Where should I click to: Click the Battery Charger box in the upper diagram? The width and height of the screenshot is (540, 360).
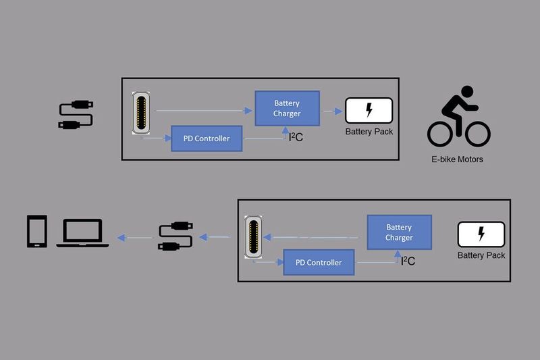(287, 108)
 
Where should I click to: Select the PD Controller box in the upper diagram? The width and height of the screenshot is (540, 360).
(207, 138)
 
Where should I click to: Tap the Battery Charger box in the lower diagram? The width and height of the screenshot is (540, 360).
(399, 232)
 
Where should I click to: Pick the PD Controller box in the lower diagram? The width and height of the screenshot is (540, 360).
(319, 262)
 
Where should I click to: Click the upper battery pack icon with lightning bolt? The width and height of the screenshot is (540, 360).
(369, 111)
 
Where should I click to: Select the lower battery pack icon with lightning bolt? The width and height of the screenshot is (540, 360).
(481, 234)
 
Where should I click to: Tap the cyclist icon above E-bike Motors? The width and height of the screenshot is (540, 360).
(458, 120)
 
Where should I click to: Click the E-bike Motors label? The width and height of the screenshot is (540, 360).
(458, 160)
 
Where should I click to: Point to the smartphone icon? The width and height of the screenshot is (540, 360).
(37, 232)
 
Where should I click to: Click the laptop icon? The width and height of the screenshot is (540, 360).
(82, 233)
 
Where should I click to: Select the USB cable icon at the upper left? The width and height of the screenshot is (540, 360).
(76, 115)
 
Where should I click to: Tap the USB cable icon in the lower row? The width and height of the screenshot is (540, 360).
(175, 236)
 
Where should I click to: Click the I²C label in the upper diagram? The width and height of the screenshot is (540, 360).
(296, 138)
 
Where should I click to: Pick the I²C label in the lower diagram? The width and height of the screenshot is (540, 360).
(408, 261)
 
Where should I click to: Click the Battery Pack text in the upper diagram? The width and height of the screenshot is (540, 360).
(369, 132)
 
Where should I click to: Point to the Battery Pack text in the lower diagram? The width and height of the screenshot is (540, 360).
(481, 255)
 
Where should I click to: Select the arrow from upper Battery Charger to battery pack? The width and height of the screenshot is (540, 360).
(331, 111)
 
